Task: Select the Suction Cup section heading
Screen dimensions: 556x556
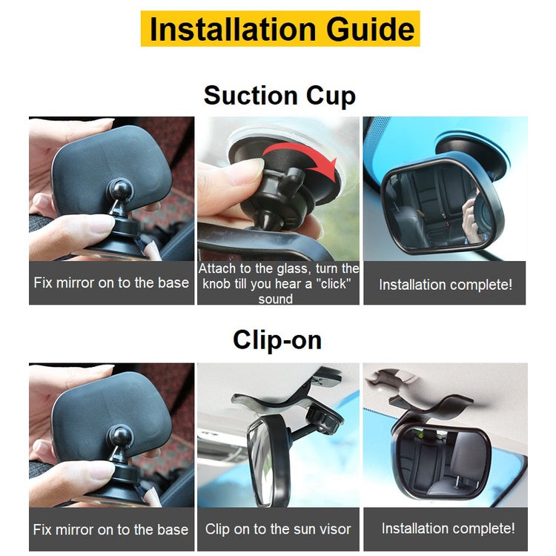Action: [279, 96]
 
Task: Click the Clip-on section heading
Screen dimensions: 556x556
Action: [277, 340]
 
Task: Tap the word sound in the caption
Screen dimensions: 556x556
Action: [276, 299]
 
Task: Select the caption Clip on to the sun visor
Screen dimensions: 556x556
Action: [278, 529]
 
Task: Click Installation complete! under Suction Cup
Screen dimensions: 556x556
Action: [446, 285]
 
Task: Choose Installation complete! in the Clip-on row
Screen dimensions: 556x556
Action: [448, 528]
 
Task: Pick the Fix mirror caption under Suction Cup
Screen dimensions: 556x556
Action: [111, 282]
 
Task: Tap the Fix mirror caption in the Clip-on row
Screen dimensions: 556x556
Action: [111, 529]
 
